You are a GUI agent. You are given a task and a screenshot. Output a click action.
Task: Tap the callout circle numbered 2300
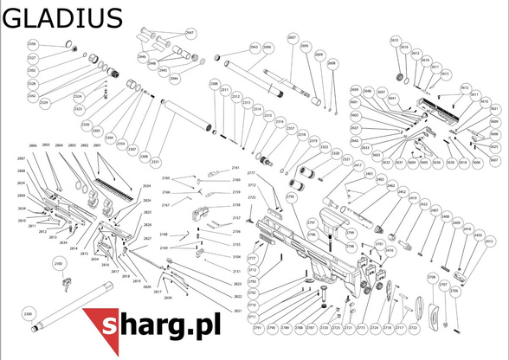(x=27, y=312)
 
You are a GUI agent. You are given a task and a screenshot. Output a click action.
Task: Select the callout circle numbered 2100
(x=59, y=263)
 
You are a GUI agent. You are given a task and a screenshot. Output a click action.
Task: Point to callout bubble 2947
(x=190, y=33)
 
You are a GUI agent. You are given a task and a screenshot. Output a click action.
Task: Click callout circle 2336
(x=33, y=44)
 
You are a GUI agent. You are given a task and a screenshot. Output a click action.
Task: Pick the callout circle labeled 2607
(x=292, y=40)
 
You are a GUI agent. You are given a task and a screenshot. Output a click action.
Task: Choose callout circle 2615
(x=395, y=41)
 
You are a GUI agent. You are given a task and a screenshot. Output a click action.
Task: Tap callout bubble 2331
(x=155, y=162)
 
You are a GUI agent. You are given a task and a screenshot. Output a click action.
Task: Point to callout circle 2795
(x=291, y=197)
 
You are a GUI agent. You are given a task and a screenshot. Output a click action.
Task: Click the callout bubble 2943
(x=254, y=47)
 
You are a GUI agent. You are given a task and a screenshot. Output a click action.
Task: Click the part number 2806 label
(x=33, y=145)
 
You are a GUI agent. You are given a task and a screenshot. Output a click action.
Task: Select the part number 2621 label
(x=237, y=311)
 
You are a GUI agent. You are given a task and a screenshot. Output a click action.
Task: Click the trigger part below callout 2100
(x=65, y=281)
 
